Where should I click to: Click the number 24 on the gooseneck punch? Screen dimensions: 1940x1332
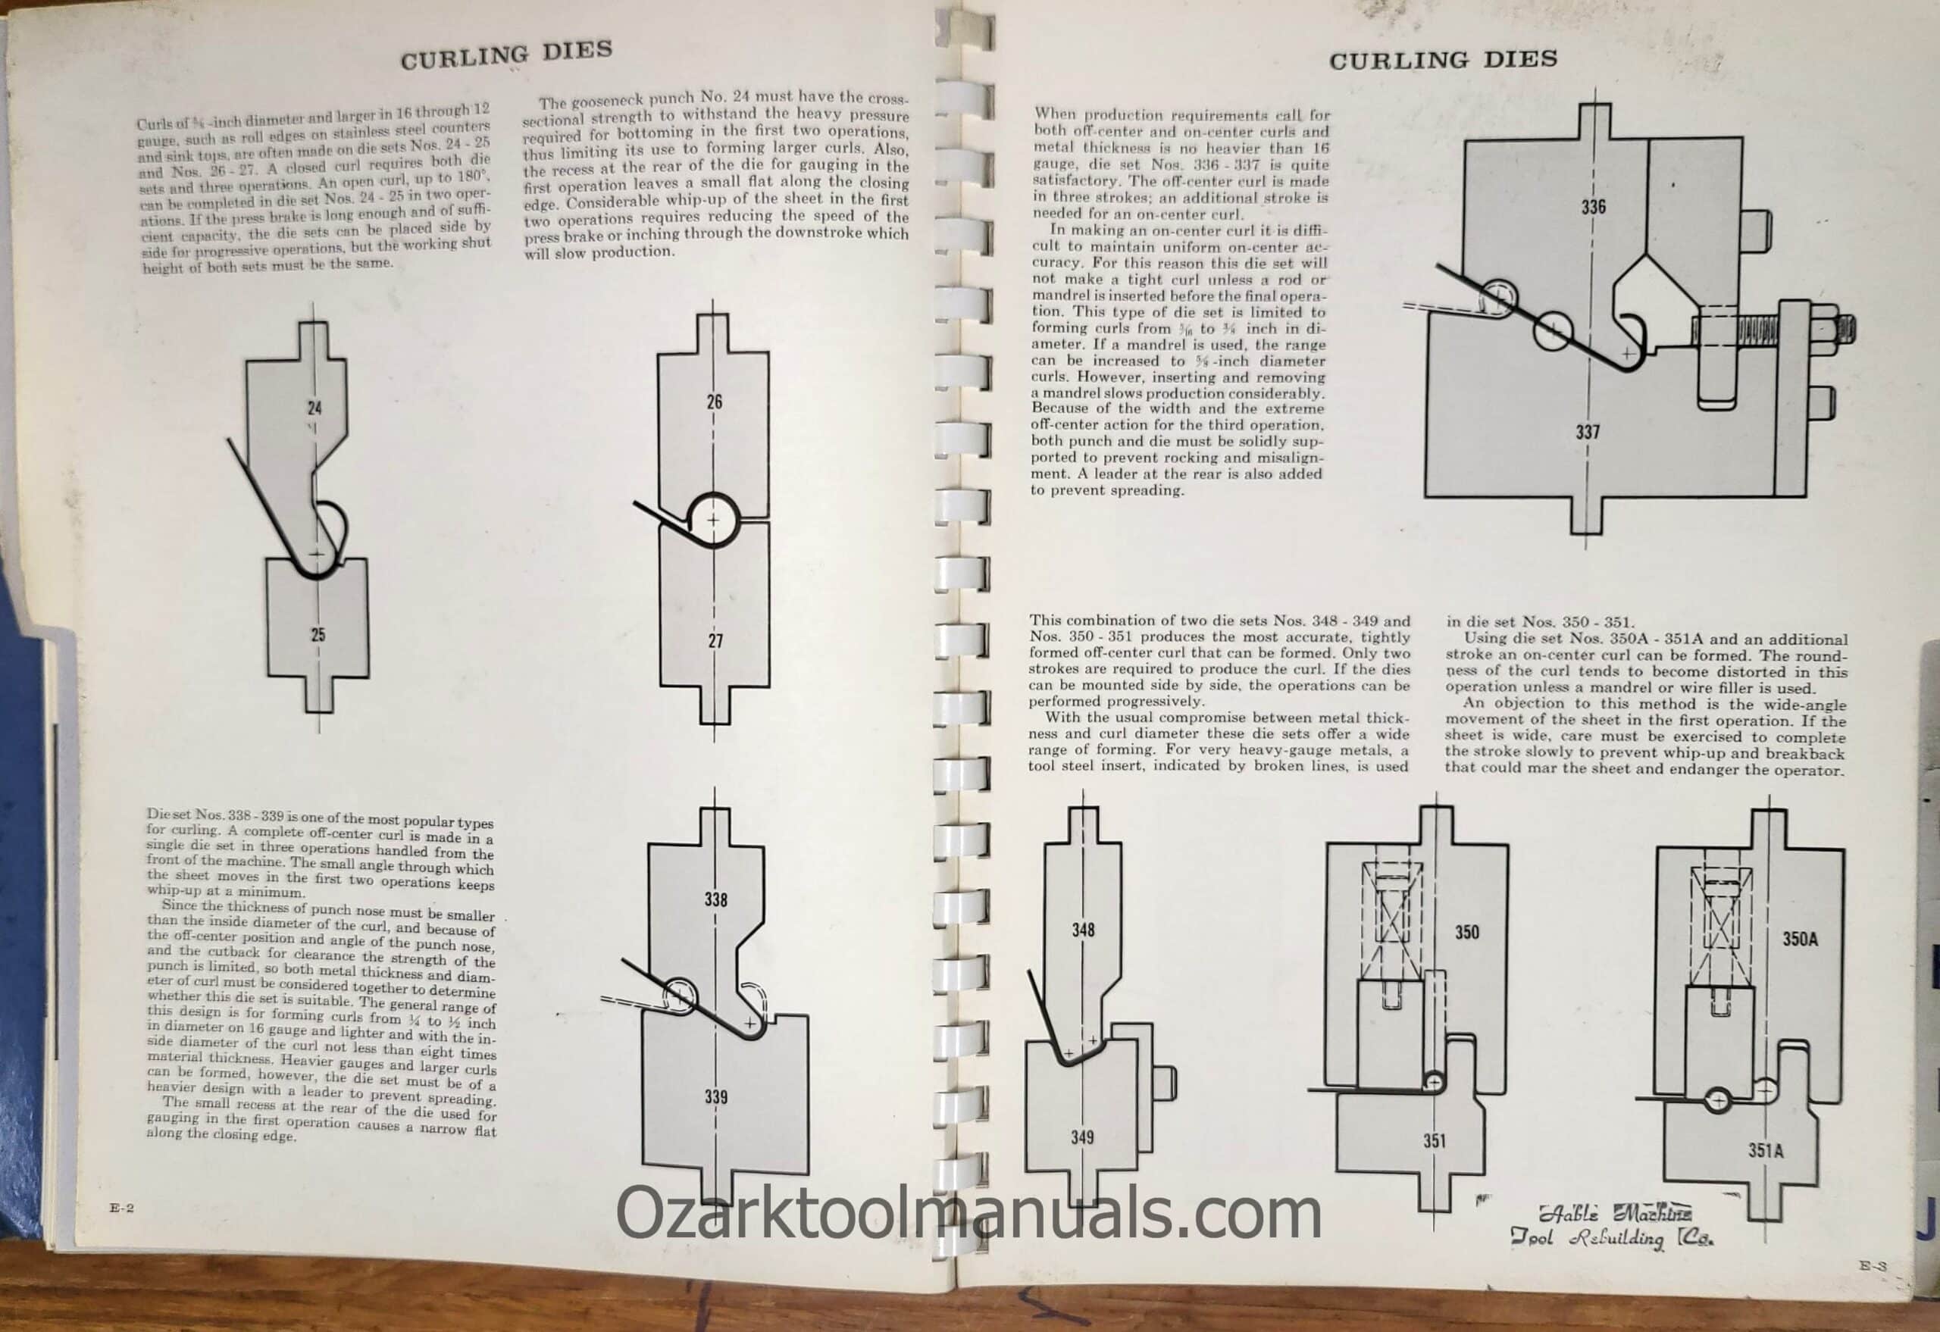click(x=314, y=408)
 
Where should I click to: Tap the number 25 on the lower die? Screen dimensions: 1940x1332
click(x=318, y=634)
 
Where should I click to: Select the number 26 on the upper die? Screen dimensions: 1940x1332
click(x=715, y=402)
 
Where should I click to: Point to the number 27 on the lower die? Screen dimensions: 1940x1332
click(x=715, y=641)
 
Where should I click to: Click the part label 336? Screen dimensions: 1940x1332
click(x=1593, y=206)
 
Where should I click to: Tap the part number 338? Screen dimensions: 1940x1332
click(x=715, y=899)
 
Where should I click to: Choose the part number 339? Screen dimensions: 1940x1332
click(x=715, y=1096)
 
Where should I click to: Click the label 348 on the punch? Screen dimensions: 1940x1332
click(x=1083, y=929)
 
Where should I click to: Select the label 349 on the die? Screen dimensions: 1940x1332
click(x=1082, y=1137)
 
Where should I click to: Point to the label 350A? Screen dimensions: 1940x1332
click(x=1800, y=939)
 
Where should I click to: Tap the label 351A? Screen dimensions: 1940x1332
click(x=1766, y=1151)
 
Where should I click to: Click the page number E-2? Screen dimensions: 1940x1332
click(x=121, y=1208)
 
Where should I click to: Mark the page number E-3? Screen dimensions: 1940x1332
click(x=1873, y=1266)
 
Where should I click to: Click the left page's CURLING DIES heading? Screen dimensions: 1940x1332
click(x=506, y=55)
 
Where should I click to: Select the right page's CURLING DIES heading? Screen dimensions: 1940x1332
click(x=1444, y=60)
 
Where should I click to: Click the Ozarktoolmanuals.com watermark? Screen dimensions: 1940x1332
click(x=968, y=1215)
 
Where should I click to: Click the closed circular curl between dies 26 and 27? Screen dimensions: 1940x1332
click(x=713, y=519)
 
